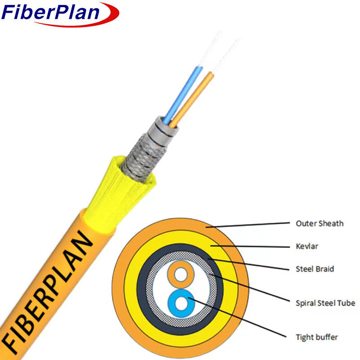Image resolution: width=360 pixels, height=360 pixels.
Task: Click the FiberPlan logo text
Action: [x=50, y=12]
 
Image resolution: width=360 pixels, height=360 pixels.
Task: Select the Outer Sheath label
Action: [x=319, y=223]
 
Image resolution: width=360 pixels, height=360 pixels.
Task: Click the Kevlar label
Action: [x=307, y=246]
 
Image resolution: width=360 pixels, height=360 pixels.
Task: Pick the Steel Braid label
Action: [x=315, y=269]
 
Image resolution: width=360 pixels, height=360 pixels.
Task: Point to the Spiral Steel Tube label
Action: [x=325, y=303]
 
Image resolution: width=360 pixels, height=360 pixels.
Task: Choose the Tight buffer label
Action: [x=317, y=337]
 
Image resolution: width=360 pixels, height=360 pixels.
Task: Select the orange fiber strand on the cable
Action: [x=192, y=100]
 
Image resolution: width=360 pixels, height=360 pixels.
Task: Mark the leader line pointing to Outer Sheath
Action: [x=247, y=225]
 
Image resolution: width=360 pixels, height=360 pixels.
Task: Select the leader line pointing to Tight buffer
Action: [x=238, y=318]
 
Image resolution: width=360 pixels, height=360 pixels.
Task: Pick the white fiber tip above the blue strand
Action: [x=211, y=49]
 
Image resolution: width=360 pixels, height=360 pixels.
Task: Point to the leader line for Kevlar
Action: [x=250, y=246]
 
